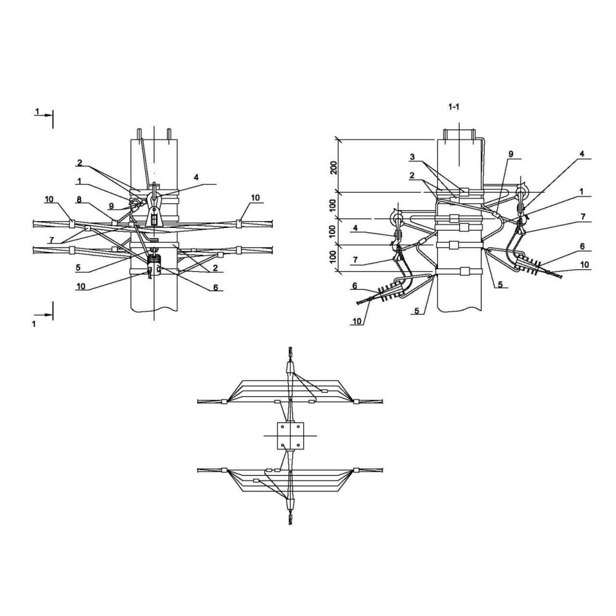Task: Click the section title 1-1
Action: (x=454, y=107)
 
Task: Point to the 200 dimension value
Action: (x=334, y=168)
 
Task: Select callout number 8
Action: (x=79, y=200)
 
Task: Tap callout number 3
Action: (x=412, y=156)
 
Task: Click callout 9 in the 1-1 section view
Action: (x=511, y=154)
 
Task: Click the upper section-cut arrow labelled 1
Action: (x=43, y=115)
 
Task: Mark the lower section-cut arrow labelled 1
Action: (x=43, y=315)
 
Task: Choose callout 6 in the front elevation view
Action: (x=215, y=287)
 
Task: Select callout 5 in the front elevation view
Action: (x=78, y=268)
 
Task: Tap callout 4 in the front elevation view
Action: (x=196, y=177)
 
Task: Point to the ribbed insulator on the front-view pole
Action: (x=154, y=260)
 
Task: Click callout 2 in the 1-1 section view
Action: (x=411, y=176)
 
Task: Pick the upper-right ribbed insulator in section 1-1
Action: (x=530, y=261)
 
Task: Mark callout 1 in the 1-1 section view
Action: (x=582, y=192)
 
